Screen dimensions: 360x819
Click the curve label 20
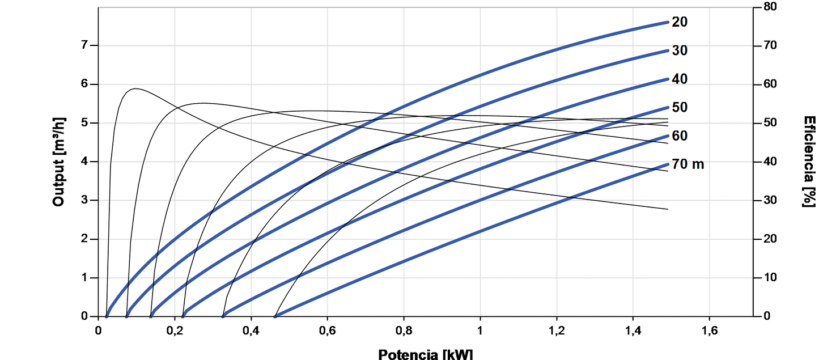click(680, 22)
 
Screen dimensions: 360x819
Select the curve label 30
click(680, 50)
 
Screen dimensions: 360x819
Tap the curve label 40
click(680, 79)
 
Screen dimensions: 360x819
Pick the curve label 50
click(680, 107)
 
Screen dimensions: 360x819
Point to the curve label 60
click(680, 136)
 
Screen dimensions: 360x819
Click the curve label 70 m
click(688, 164)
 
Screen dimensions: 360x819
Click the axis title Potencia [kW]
click(425, 354)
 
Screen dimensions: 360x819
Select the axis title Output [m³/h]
click(58, 162)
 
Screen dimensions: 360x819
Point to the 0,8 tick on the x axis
click(404, 330)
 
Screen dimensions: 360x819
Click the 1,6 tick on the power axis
click(710, 330)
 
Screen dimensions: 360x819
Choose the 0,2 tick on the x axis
click(175, 330)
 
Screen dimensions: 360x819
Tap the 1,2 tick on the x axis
click(557, 330)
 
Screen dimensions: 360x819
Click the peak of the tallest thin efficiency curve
click(135, 88)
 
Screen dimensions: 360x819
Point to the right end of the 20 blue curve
click(668, 22)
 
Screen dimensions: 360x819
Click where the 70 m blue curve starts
click(275, 316)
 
